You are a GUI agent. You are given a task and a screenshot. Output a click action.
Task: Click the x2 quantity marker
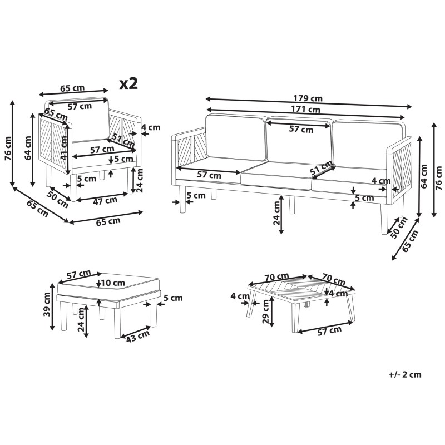(x=128, y=83)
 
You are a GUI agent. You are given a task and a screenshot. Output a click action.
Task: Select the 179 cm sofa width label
(x=308, y=98)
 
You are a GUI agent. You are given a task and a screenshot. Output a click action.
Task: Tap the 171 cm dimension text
(x=305, y=109)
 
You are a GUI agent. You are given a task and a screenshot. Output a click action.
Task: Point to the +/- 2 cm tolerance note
(x=405, y=374)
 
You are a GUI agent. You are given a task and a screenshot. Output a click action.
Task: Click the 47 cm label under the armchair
(x=105, y=201)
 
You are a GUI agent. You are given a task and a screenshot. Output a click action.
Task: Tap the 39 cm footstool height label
(x=47, y=304)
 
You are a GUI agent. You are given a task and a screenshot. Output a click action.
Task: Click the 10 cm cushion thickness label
(x=113, y=283)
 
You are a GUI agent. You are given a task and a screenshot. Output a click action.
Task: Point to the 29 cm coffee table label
(x=266, y=311)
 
